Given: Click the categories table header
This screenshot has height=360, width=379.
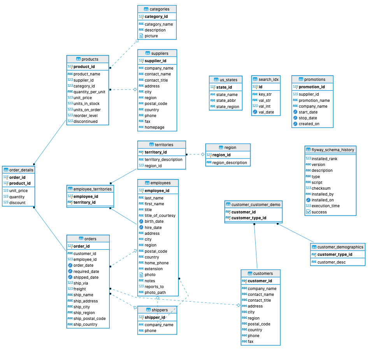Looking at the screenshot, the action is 157,9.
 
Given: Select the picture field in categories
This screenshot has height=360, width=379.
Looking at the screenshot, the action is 151,36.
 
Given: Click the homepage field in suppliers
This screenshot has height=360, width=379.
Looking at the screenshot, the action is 154,127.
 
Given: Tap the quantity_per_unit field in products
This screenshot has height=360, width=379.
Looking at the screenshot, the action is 89,92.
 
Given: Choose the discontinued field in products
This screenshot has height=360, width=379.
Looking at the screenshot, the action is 85,121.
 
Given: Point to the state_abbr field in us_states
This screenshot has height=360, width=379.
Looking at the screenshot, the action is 226,100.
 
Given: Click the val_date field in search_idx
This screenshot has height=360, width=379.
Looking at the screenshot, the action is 266,112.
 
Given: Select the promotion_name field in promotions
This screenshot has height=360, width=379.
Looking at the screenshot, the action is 314,100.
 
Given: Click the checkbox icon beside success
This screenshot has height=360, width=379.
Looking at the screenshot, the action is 309,212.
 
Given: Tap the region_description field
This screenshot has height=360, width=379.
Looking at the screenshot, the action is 230,163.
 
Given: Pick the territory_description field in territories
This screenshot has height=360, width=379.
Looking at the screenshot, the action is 163,160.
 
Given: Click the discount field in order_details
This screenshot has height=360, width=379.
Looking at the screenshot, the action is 17,203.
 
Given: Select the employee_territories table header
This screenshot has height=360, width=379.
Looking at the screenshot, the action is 90,189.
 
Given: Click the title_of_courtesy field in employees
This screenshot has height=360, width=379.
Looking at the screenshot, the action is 160,216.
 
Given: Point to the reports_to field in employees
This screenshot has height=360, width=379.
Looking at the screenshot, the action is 154,287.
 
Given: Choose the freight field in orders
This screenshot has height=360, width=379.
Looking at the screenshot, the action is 79,289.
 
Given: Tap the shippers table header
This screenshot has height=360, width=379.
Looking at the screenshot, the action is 157,310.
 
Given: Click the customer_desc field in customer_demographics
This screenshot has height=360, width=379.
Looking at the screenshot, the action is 332,262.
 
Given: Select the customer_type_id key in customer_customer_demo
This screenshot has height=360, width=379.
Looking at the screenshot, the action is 249,218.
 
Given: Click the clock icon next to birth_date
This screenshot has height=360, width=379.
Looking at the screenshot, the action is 141,222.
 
